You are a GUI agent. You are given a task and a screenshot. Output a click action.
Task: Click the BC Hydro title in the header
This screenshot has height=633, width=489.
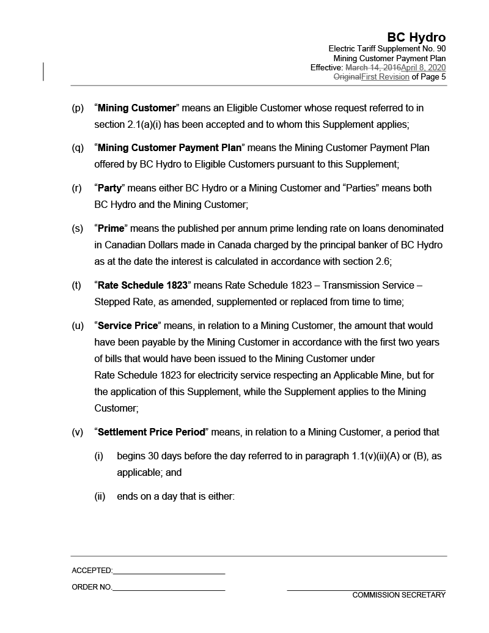pos(416,37)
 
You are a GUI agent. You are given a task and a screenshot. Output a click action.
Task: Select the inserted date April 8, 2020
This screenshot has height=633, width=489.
pos(423,67)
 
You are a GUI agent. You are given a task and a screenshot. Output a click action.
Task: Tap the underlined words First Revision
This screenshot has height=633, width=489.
pos(385,77)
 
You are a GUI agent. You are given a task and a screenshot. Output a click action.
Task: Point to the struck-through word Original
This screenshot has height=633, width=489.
pos(347,77)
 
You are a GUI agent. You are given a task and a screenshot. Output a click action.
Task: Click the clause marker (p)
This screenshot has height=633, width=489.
pos(78,108)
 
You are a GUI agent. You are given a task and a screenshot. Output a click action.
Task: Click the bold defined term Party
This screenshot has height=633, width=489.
pos(110,188)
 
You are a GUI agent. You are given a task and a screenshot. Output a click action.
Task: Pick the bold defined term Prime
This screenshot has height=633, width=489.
pos(111,229)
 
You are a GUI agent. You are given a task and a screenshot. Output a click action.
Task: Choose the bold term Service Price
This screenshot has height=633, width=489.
pos(128,326)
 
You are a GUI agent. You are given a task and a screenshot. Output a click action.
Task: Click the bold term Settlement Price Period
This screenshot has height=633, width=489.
pos(151,432)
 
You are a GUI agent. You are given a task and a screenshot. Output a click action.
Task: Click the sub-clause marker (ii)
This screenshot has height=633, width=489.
pos(100,497)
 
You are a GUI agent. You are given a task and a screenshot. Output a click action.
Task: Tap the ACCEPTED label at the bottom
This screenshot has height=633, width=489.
pos(92,571)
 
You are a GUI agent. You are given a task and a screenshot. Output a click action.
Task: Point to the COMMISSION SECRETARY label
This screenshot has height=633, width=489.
pos(399,595)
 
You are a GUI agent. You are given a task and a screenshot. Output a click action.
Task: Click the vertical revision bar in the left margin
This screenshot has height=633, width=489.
pos(43,72)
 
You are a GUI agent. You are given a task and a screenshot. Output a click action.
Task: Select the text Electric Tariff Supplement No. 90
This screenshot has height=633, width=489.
pos(387,48)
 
